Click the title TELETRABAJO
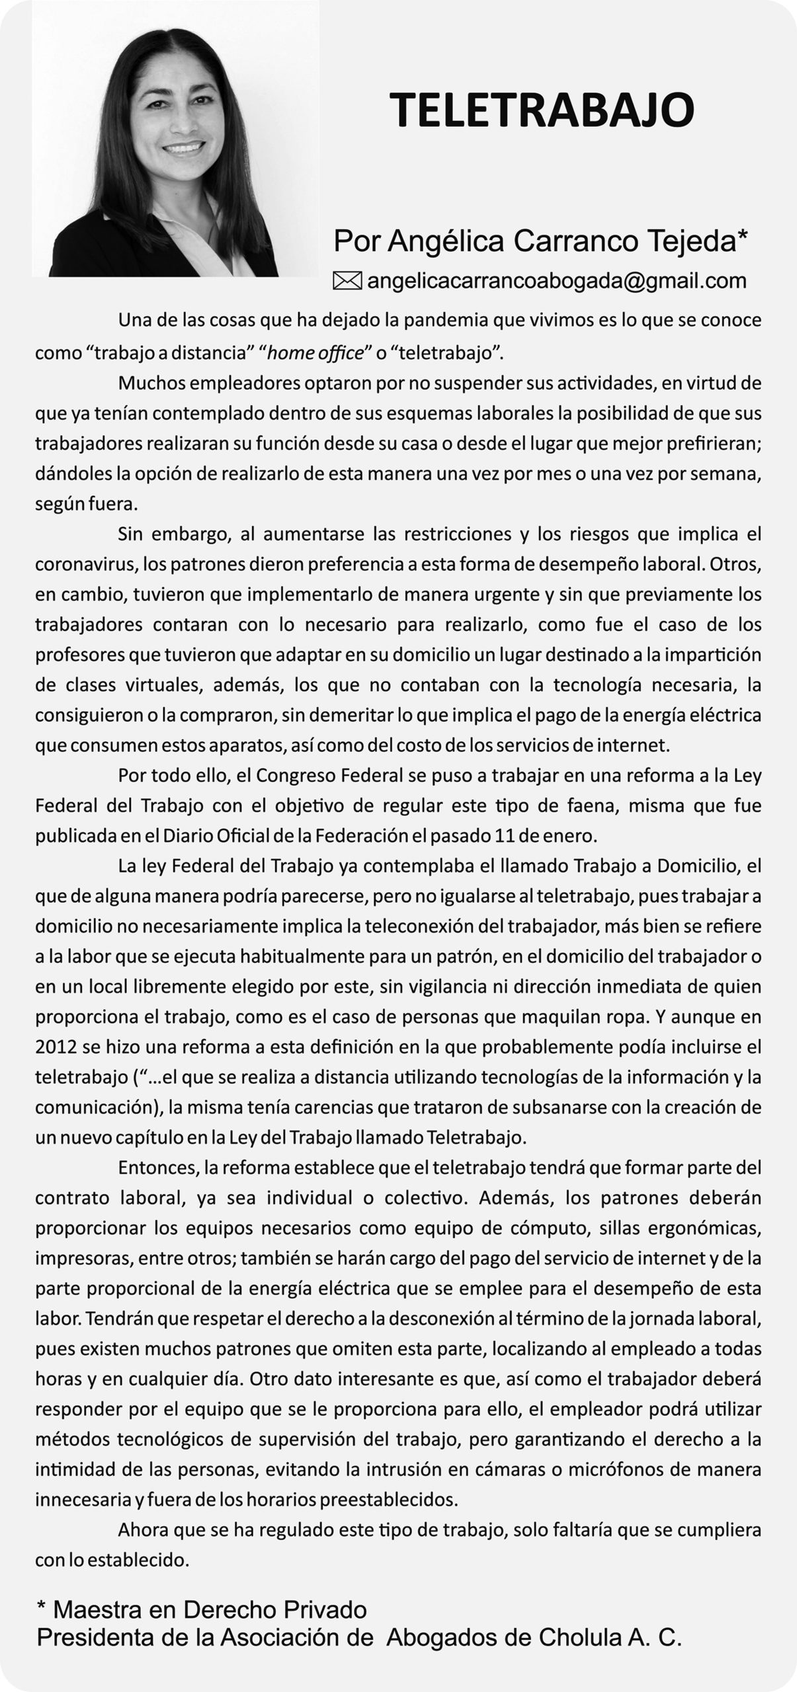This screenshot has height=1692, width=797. (x=541, y=110)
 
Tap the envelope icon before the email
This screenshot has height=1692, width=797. (x=347, y=281)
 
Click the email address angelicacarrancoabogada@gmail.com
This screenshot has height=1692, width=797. (x=556, y=281)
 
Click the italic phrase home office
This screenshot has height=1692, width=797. (x=316, y=352)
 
